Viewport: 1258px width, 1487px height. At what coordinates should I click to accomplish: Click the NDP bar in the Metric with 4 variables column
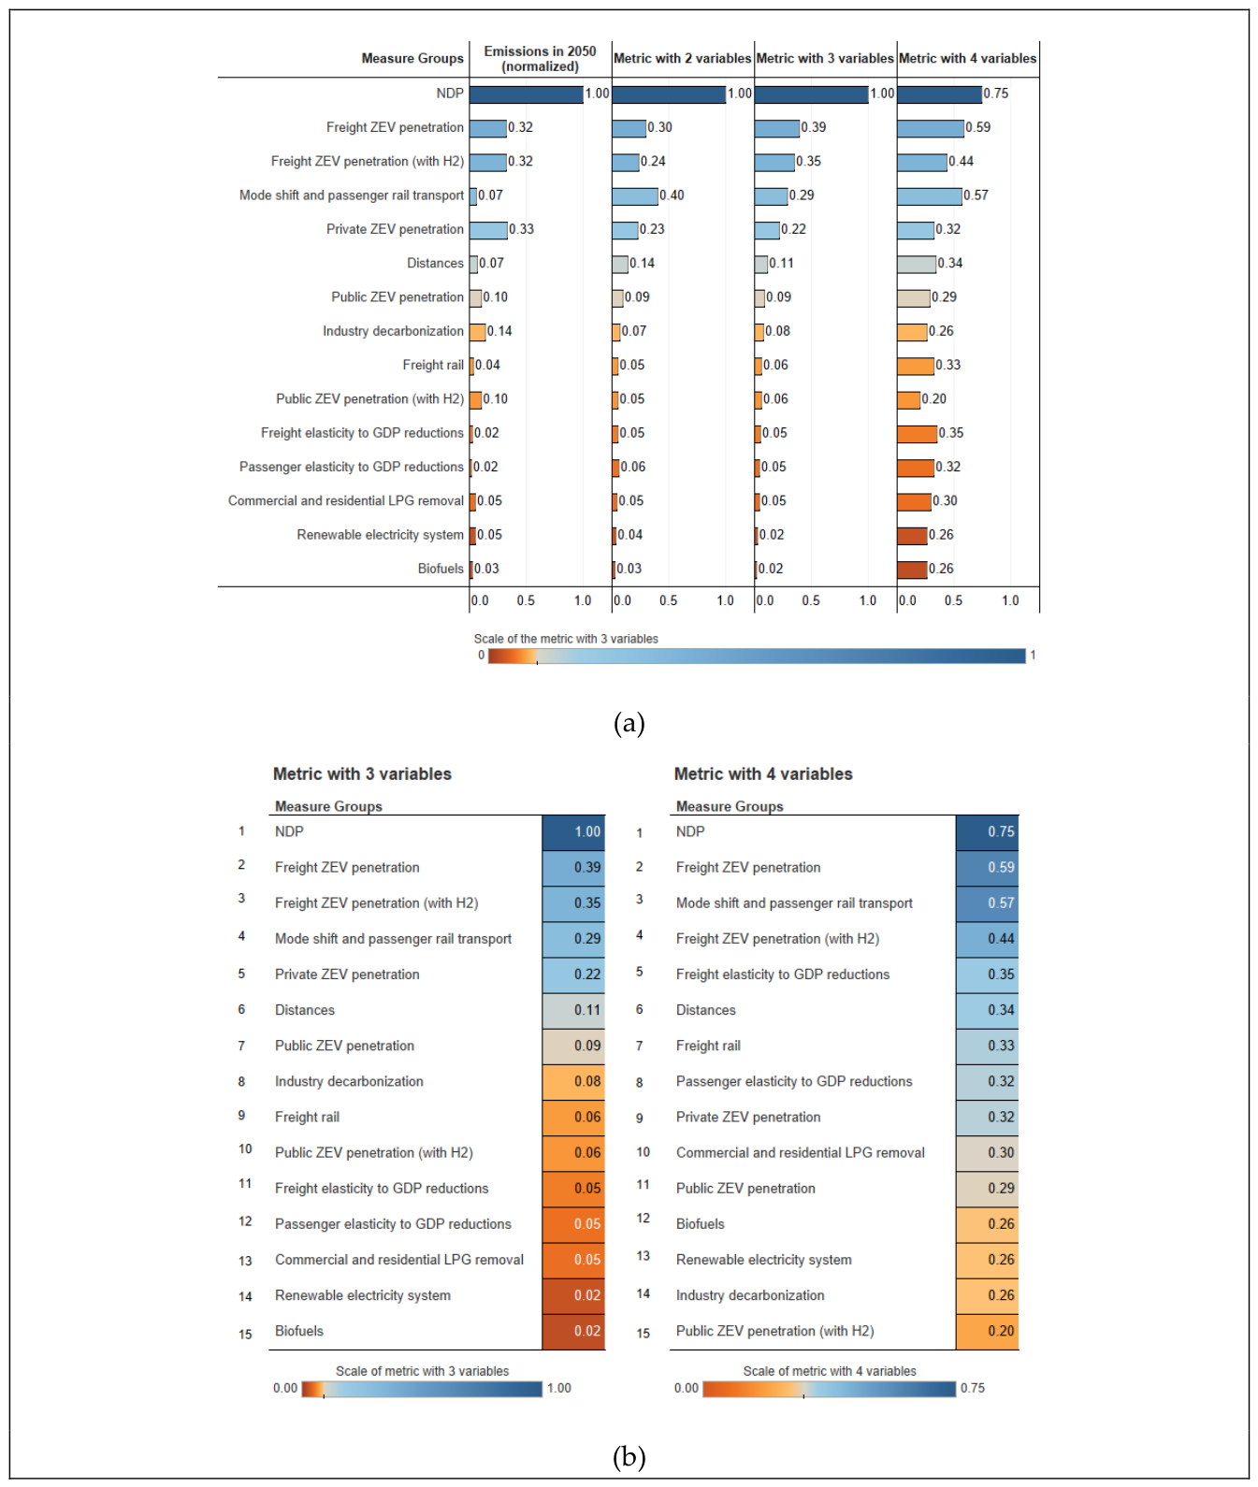coord(939,94)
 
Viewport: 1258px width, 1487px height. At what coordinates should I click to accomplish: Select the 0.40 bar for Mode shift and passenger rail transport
coord(635,196)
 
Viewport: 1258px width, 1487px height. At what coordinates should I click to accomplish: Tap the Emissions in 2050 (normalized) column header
coord(540,59)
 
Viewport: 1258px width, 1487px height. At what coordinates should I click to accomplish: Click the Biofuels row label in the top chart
coord(441,569)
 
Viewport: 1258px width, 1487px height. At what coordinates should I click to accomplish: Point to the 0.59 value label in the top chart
coord(978,127)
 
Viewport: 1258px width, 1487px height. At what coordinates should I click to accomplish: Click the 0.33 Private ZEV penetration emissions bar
coord(488,230)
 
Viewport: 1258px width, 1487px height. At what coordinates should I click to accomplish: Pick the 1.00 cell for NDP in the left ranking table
coord(573,832)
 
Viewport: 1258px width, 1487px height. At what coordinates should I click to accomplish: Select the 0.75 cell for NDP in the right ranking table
coord(987,832)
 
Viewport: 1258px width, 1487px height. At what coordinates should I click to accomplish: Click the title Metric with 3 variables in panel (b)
coord(362,774)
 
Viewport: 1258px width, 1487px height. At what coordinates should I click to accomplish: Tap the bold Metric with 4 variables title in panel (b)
coord(763,774)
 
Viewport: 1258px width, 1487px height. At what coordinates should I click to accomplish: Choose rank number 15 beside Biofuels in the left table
coord(245,1335)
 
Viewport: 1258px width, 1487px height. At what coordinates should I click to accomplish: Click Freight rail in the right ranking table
coord(708,1046)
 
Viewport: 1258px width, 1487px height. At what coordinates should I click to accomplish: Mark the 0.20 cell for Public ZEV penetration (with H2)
coord(987,1331)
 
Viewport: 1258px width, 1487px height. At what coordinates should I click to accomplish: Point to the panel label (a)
coord(629,723)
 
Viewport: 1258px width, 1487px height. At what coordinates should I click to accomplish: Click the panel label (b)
coord(629,1456)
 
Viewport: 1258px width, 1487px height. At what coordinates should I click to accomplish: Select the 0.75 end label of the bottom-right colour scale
coord(973,1388)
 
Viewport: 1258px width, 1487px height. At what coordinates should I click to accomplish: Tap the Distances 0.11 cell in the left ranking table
coord(573,1010)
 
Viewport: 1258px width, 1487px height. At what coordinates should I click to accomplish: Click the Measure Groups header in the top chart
coord(412,59)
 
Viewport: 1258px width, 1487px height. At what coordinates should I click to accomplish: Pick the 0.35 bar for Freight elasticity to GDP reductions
coord(917,434)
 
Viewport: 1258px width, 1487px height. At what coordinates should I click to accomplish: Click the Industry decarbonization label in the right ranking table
coord(750,1295)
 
